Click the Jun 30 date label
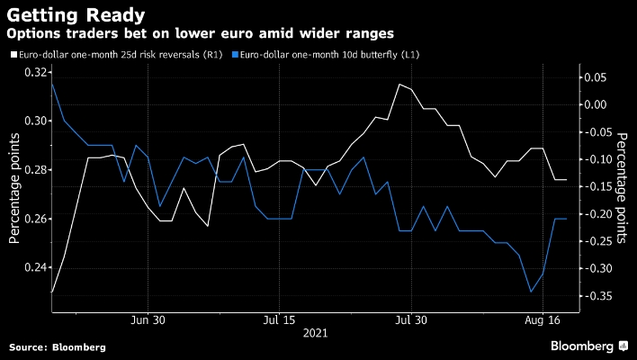[x=148, y=319]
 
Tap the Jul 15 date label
[x=279, y=319]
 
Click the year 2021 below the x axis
[x=315, y=333]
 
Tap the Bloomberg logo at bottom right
[x=582, y=346]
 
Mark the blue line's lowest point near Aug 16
[x=531, y=292]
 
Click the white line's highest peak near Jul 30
[x=399, y=84]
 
